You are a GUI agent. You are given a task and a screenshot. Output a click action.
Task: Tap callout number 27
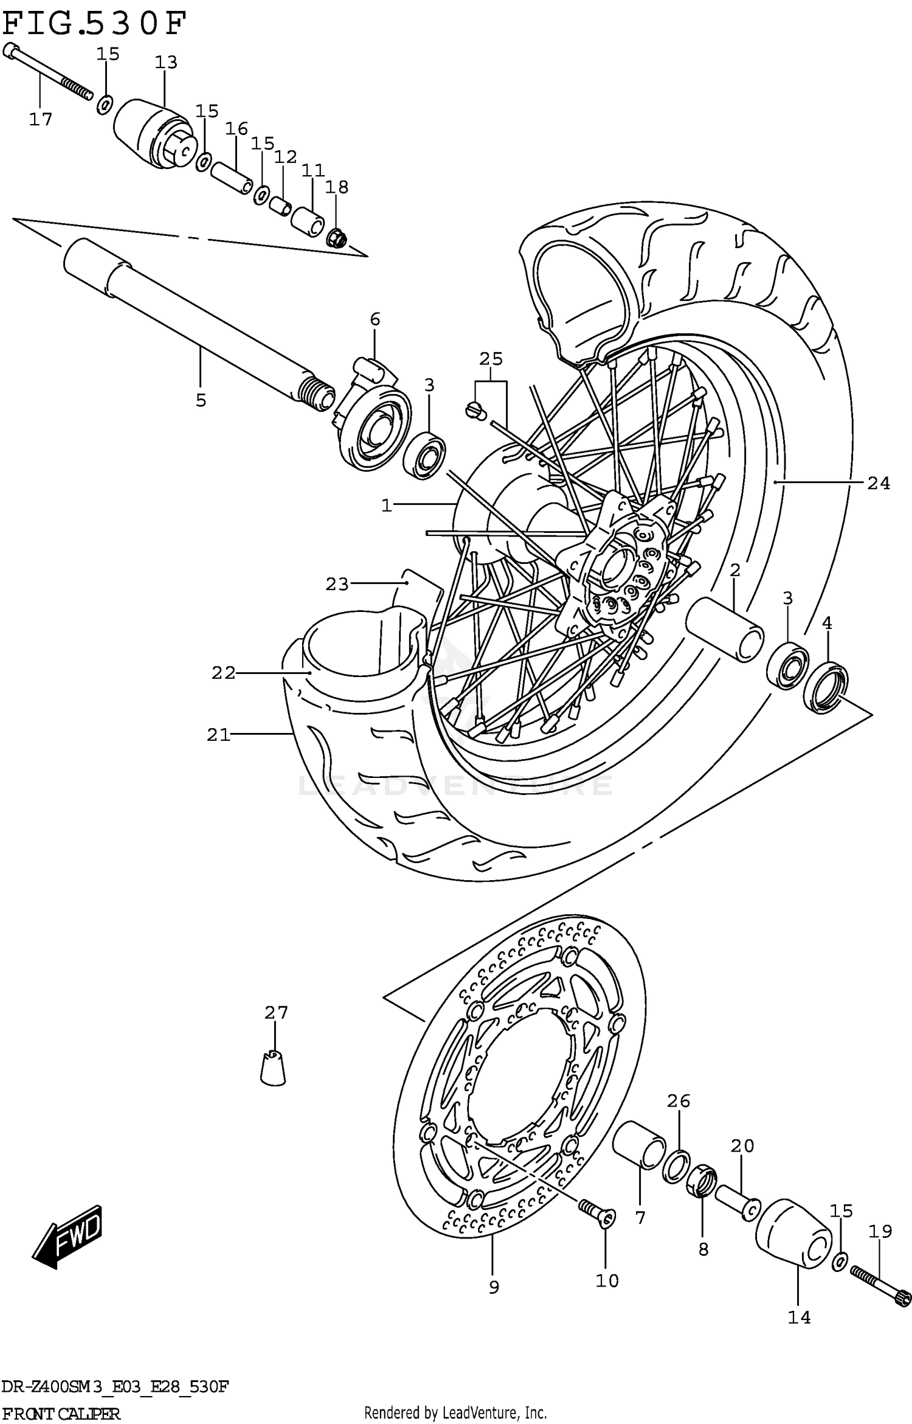point(275,1012)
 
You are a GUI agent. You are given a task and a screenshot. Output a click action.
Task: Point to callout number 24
point(878,484)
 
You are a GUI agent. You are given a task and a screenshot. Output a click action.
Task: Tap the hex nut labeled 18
point(337,238)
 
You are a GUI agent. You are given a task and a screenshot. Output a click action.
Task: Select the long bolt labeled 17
point(49,73)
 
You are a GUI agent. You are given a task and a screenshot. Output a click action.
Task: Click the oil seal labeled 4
point(825,689)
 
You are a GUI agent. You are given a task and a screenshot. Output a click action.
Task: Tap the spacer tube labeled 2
point(725,628)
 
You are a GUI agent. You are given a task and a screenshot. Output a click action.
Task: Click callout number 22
point(223,673)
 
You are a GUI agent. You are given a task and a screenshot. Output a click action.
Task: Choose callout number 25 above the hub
point(491,359)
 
